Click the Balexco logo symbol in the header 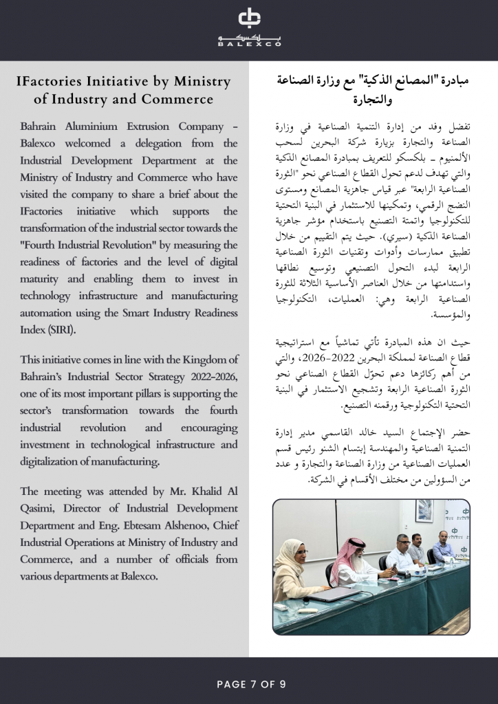click(x=249, y=19)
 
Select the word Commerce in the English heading click(x=177, y=99)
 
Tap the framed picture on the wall click(x=424, y=510)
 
